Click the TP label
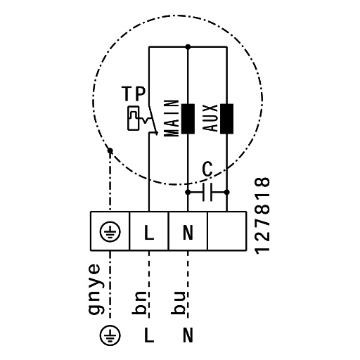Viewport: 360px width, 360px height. tap(134, 94)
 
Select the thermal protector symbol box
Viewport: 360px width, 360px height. tap(134, 118)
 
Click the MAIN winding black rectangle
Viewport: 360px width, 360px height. tap(188, 119)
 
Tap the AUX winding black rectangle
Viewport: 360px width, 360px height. tap(226, 119)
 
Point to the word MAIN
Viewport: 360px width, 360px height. tap(172, 118)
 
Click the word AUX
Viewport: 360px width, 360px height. tap(210, 118)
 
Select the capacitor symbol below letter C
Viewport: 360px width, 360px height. tap(207, 193)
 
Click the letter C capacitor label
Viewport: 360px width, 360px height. tap(207, 169)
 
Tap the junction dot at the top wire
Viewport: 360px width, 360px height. tap(188, 47)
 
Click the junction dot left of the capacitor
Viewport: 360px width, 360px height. tap(188, 193)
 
